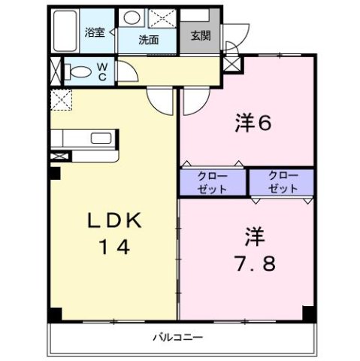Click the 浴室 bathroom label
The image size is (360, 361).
(95, 32)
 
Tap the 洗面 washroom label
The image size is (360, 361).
(147, 40)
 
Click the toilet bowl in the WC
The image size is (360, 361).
(77, 72)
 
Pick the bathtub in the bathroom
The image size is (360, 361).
(66, 31)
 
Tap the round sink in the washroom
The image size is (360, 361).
(132, 18)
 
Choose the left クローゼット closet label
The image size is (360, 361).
(212, 183)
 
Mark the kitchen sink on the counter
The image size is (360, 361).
(98, 138)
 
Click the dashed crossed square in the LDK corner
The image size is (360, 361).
(60, 99)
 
